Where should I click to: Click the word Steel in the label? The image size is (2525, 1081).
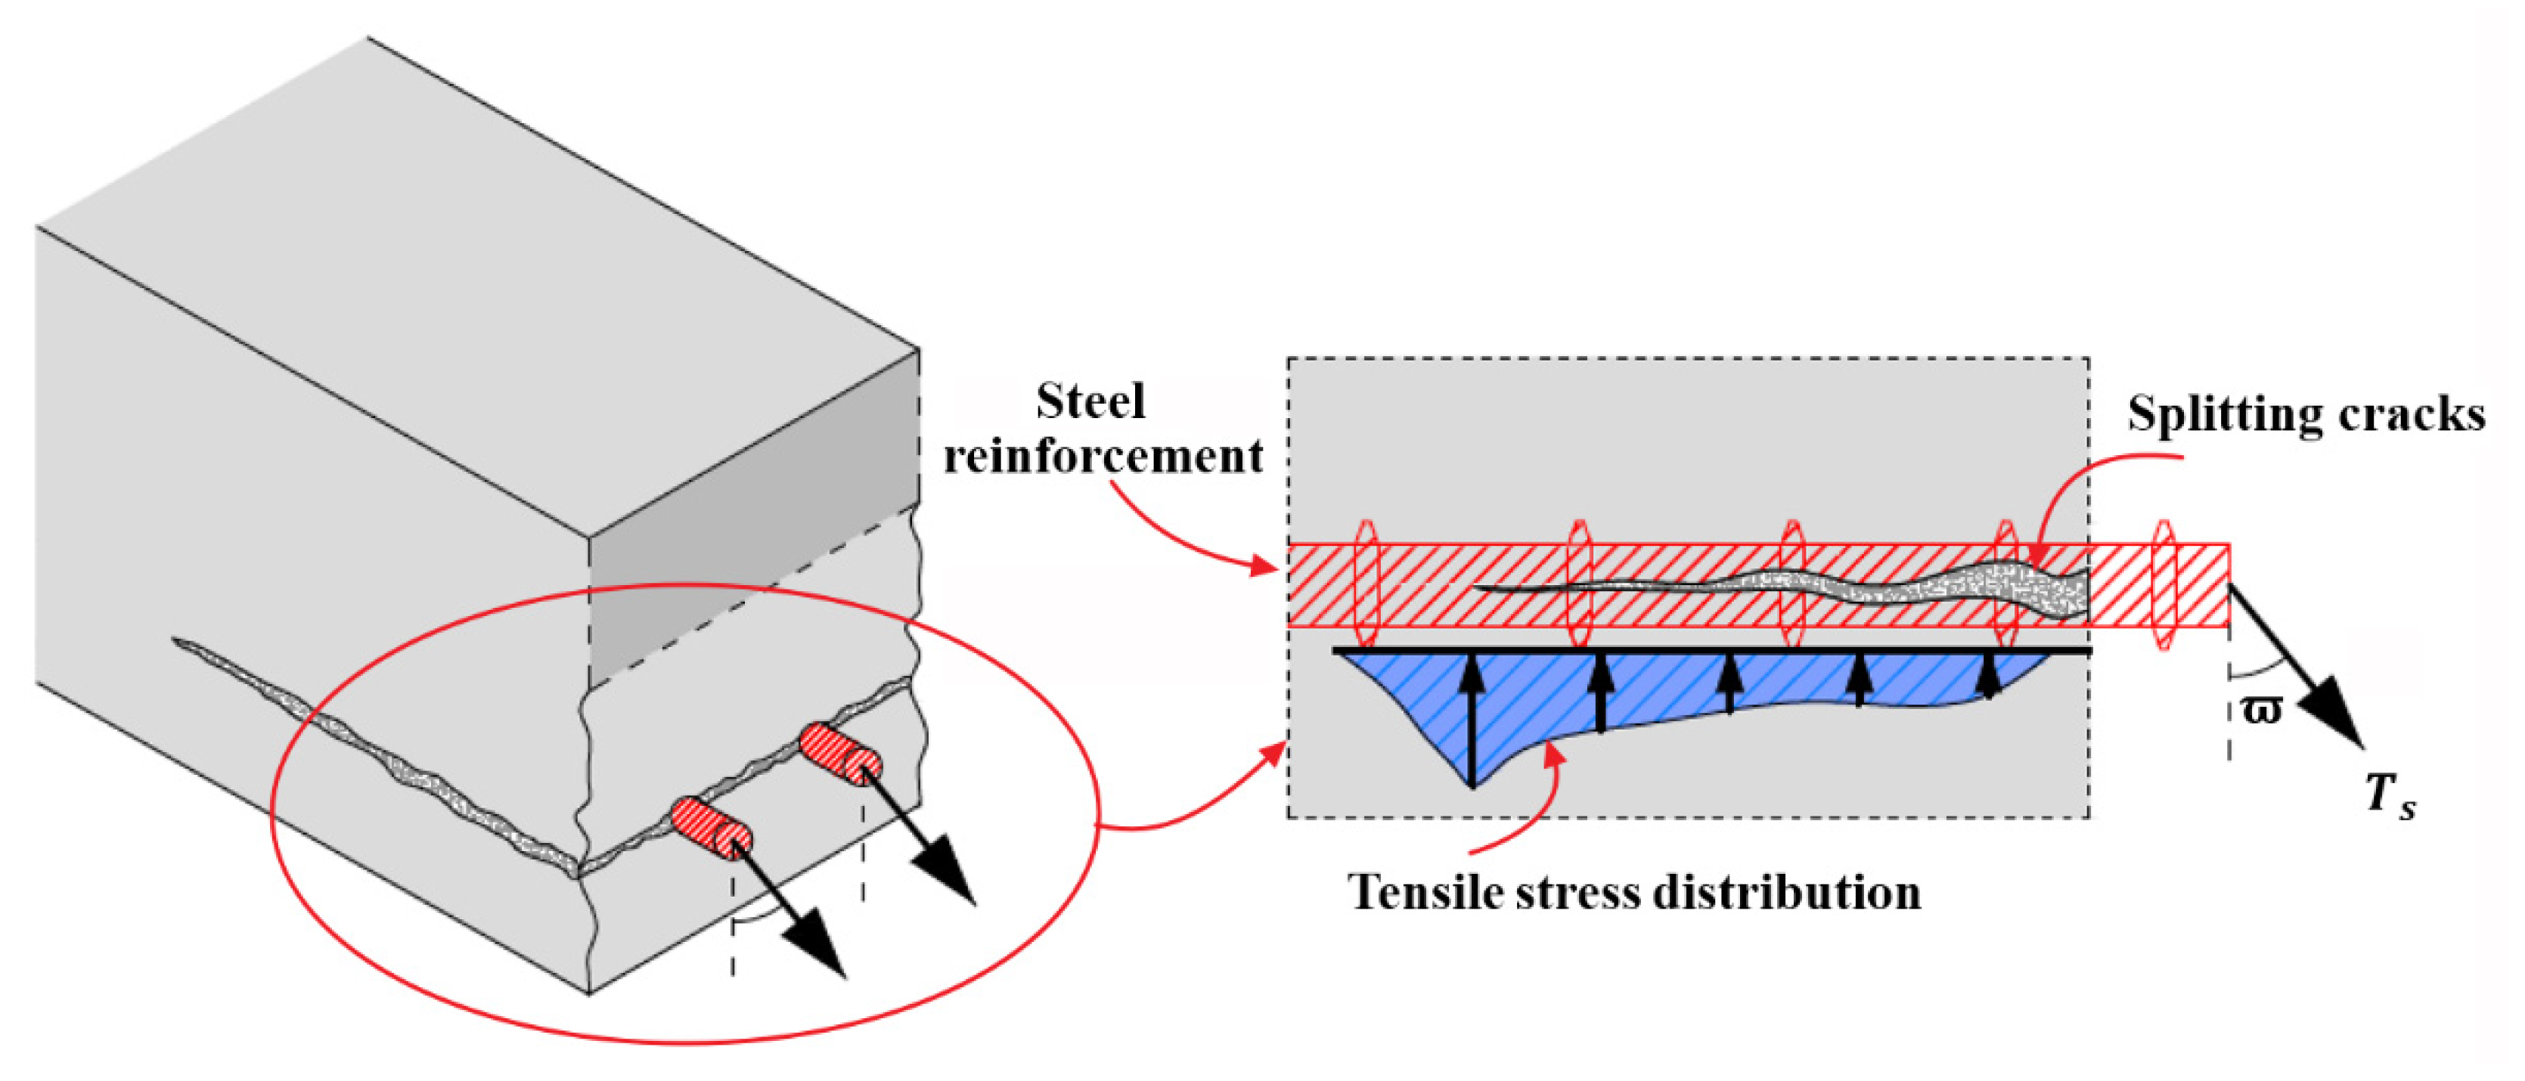1090,402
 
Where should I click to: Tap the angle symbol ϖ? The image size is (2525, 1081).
2261,708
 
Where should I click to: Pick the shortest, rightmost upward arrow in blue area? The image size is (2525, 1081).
1988,677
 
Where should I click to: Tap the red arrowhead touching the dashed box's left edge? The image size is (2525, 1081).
1275,754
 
